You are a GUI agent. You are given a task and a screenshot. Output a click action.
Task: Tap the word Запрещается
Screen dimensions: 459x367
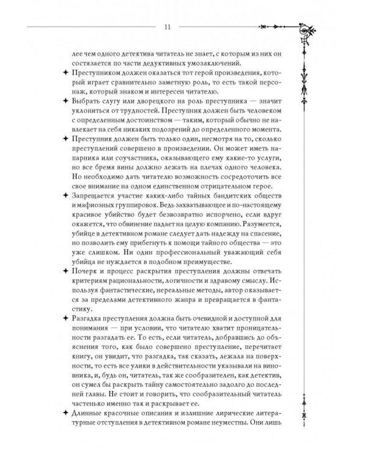[80, 195]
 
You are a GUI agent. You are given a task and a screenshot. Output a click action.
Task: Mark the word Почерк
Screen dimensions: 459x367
[71, 271]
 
